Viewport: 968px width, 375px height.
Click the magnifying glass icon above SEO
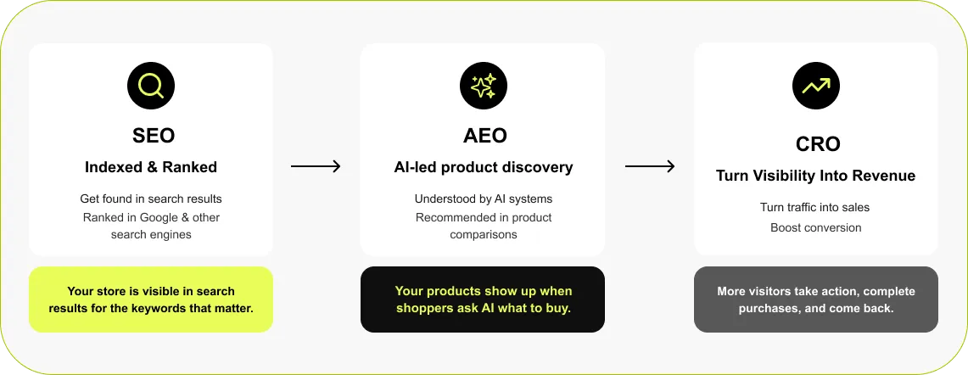(151, 85)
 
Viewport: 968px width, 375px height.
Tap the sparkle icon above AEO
(483, 85)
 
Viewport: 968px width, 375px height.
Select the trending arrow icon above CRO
(815, 85)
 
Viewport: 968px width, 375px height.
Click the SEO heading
(151, 135)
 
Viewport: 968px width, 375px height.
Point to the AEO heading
(483, 135)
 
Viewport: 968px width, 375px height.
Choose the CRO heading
(816, 144)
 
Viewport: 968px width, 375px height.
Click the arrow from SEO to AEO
(316, 166)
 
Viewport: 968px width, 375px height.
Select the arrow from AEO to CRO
(650, 166)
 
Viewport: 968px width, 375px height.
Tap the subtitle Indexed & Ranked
(151, 167)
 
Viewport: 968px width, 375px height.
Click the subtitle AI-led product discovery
(483, 167)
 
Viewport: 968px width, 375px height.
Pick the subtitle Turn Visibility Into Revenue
(816, 176)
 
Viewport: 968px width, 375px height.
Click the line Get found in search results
(151, 199)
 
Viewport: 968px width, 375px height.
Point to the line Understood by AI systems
(483, 199)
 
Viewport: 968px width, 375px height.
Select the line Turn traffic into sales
(815, 208)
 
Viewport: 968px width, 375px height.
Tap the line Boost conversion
(815, 227)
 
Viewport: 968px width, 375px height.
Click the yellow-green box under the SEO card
(151, 299)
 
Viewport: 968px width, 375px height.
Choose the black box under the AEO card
(483, 299)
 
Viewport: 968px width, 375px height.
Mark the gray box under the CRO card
(816, 299)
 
